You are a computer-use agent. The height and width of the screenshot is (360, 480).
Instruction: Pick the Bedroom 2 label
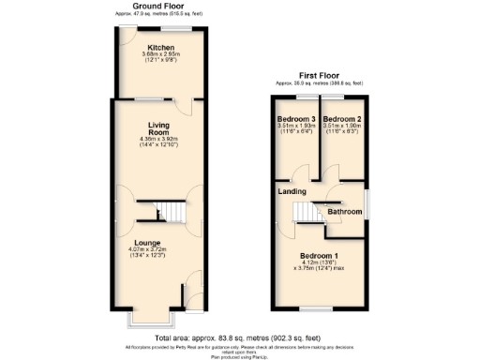tap(341, 120)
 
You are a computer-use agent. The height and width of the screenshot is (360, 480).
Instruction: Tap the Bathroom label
tap(344, 213)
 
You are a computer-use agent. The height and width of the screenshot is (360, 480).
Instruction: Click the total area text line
tap(239, 337)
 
